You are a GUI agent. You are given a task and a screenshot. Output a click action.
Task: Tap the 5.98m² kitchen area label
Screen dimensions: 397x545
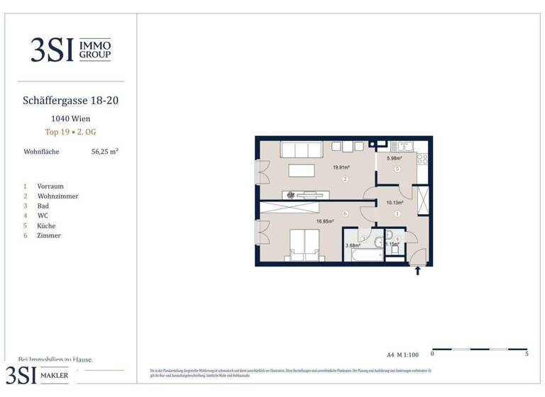coord(395,159)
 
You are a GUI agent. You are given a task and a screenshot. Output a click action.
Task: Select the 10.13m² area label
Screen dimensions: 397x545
coord(395,203)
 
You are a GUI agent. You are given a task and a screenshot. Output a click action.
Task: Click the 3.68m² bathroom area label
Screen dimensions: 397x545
coord(353,245)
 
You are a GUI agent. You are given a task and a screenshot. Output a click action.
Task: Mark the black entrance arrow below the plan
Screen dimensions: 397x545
coord(417,270)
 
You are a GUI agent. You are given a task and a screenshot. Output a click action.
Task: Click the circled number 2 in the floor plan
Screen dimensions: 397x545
coord(344,179)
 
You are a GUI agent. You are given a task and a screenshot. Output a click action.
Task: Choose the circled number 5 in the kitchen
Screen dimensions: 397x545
coord(397,169)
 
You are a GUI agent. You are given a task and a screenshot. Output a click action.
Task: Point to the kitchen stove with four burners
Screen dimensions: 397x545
coord(422,160)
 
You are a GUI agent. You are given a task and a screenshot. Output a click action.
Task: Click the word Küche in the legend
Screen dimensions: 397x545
coord(47,225)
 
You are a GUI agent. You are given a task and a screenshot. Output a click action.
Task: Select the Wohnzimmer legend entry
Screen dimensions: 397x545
coord(57,196)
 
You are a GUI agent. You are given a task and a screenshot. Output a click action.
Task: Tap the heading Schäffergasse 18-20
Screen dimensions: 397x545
coord(71,101)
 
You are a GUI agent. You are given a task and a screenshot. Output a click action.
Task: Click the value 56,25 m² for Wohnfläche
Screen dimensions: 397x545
coord(105,151)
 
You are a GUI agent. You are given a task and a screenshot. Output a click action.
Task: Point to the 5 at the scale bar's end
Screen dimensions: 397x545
coord(526,353)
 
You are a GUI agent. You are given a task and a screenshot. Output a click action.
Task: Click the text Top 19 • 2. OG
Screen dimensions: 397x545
coord(70,132)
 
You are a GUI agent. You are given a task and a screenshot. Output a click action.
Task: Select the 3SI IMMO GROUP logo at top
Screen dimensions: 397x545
coord(70,50)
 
